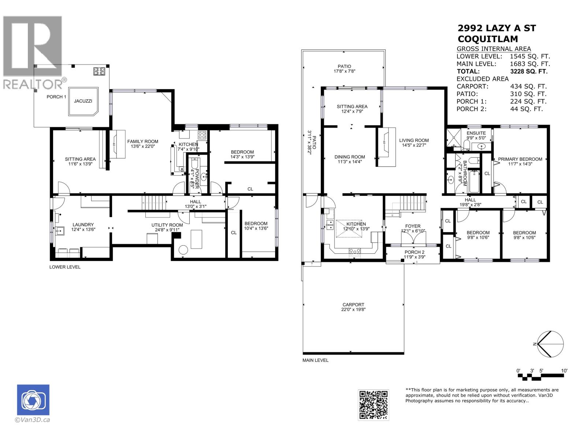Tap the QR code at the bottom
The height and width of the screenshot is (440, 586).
click(x=373, y=405)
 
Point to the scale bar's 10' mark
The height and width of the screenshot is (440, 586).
click(x=564, y=371)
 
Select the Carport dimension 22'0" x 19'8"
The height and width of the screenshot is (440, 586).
click(x=353, y=309)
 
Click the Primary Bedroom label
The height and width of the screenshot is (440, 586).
click(x=520, y=159)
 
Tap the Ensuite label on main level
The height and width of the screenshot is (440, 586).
click(x=476, y=133)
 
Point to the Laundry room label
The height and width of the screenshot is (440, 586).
click(x=83, y=225)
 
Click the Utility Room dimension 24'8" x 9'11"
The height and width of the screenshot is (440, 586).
click(x=167, y=230)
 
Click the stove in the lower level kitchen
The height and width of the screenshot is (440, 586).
click(x=203, y=135)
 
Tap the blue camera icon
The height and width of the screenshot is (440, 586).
click(x=33, y=400)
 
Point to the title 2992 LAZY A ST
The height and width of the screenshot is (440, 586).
click(x=497, y=28)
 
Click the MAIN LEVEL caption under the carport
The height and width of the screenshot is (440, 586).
click(x=315, y=360)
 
